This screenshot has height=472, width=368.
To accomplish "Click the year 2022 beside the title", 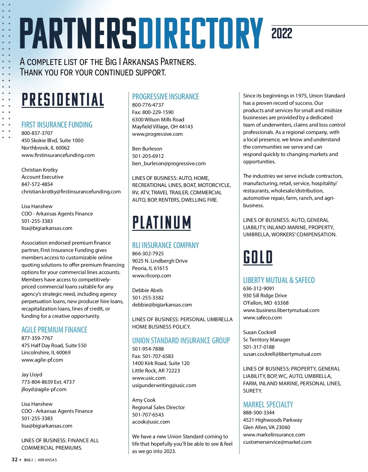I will coord(282,33).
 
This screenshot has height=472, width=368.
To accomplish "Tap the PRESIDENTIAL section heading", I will coord(63,100).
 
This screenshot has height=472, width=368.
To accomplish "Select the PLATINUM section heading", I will coord(162,223).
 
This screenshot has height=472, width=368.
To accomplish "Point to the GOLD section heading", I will coord(258,257).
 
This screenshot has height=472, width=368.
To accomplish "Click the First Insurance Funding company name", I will coord(57,125).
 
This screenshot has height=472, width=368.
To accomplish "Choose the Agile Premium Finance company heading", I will coord(54,330).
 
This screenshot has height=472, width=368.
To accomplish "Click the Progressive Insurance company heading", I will coord(165,97).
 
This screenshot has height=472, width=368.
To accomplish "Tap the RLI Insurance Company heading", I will coord(165,245).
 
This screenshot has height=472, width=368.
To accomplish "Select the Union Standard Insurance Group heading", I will coord(181,341).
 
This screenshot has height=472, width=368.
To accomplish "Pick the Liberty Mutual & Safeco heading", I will coord(279,280).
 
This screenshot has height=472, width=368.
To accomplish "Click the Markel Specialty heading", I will coord(268,405).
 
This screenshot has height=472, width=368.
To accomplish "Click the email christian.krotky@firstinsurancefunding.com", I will coord(71,192).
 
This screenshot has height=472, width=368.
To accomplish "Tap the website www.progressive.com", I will coord(157,134).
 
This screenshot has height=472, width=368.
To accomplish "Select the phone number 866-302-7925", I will coord(148,253).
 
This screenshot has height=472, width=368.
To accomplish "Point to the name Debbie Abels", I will coord(148,290).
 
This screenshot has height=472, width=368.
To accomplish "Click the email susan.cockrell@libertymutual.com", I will coord(282,354).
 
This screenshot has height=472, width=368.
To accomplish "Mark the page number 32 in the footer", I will coord(14,459).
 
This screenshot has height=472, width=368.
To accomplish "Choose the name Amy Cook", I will coord(144,400).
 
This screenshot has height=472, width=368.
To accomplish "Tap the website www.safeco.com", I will coord(262,318).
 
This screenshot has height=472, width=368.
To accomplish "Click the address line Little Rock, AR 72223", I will coord(156,371).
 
